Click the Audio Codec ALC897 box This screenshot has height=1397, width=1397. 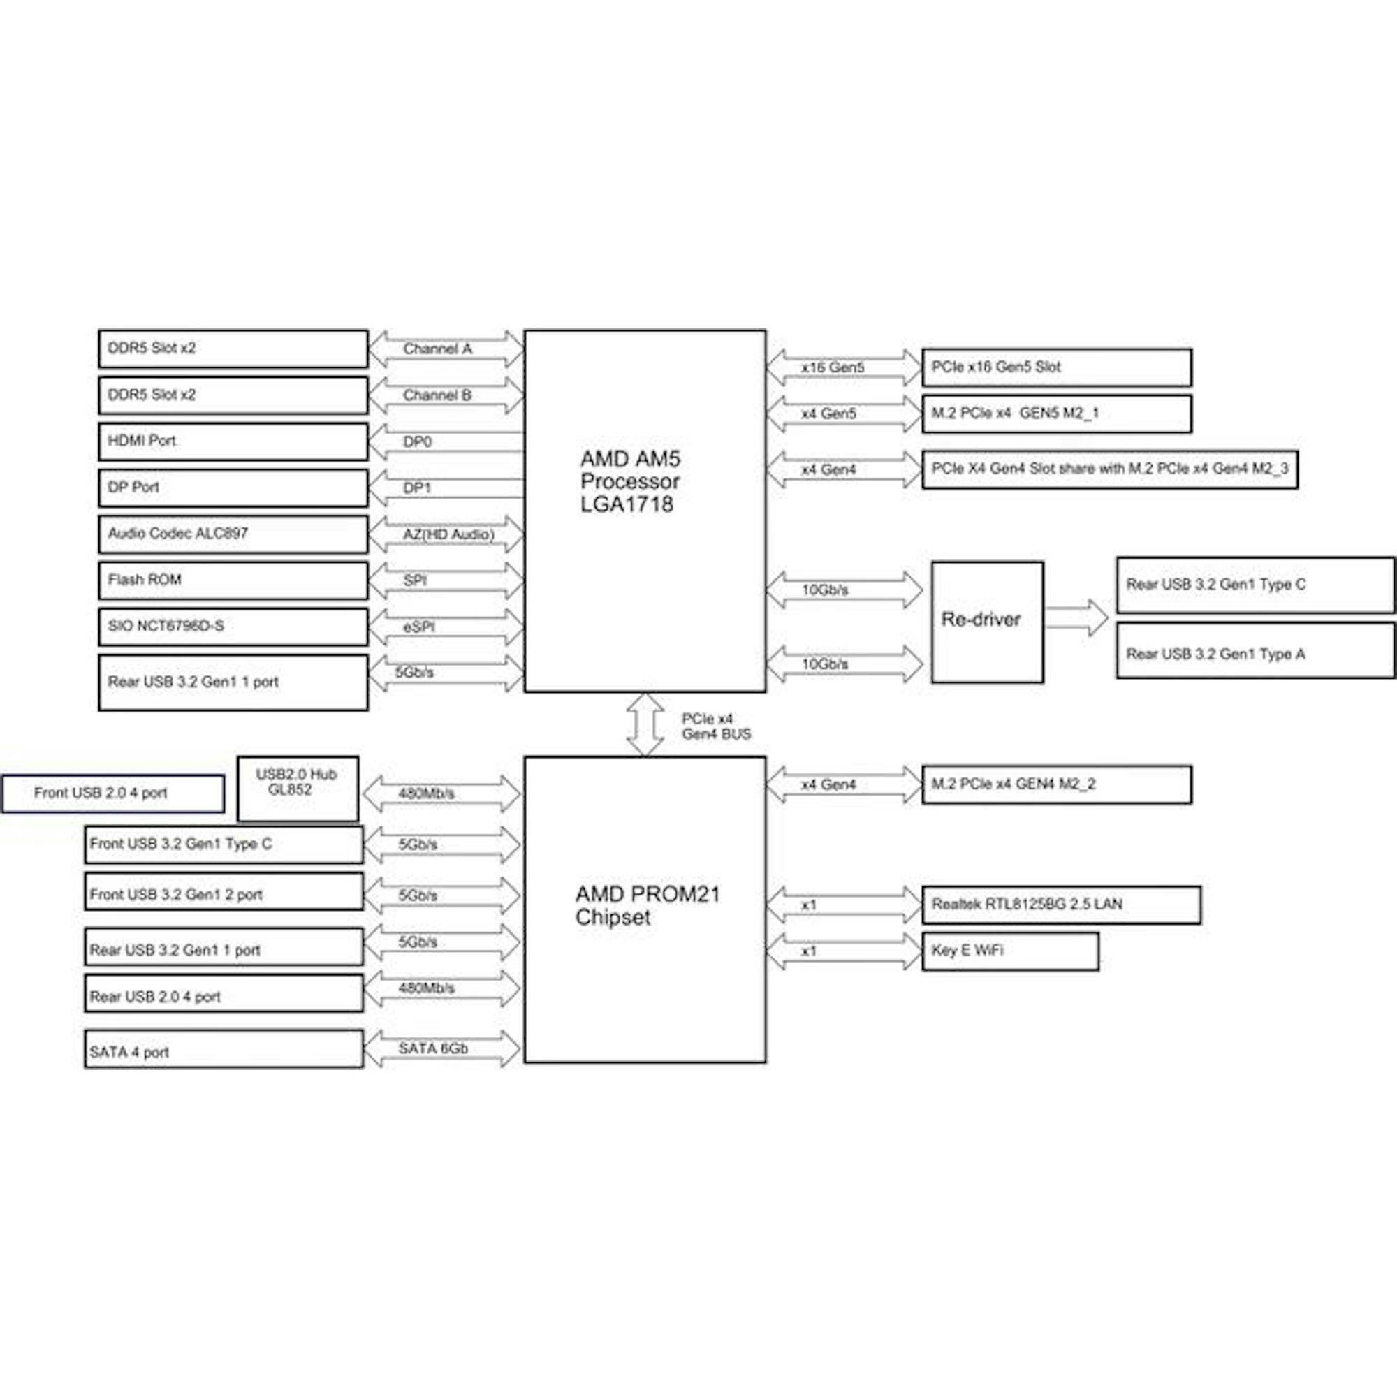coord(233,534)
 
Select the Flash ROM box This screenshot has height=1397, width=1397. coord(233,580)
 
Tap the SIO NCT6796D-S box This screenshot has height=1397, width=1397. coord(233,627)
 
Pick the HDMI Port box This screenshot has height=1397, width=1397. coord(233,441)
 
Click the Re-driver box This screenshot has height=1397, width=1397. coord(987,622)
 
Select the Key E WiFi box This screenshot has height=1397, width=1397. coord(1010,951)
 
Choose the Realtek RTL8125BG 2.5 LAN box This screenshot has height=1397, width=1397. coord(1061,905)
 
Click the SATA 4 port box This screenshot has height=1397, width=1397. coord(224,1049)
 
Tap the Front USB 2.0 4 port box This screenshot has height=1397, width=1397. coord(112,793)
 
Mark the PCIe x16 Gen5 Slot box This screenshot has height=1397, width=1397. coord(1056,367)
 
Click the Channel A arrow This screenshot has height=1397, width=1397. coord(446,349)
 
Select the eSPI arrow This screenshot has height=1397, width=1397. coord(446,627)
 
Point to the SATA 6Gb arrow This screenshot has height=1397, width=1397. coord(441,1049)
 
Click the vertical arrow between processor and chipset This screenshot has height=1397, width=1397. coord(644,724)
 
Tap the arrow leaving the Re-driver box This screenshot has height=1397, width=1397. coord(1076,618)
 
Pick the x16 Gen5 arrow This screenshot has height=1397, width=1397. coord(844,367)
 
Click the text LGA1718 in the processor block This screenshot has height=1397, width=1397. coord(626,504)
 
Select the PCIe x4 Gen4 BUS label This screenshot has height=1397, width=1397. coord(716,726)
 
